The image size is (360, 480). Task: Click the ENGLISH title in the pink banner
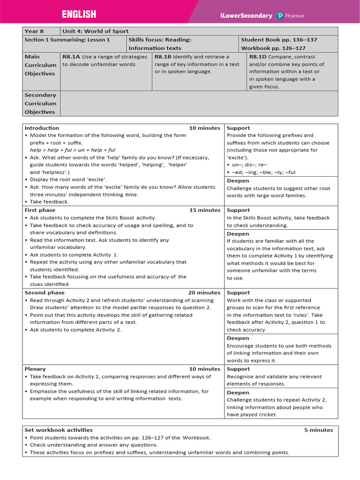[x=79, y=15]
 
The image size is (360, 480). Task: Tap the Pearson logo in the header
[x=291, y=15]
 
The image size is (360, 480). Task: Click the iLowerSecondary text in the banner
[x=246, y=15]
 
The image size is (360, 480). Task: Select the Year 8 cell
[x=34, y=31]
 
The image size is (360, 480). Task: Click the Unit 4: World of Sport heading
[x=95, y=31]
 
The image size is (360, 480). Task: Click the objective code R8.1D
[x=258, y=57]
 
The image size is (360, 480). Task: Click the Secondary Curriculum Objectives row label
[x=40, y=103]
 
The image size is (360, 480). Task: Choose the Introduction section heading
[x=42, y=128]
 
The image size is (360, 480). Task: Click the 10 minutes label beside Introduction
[x=204, y=128]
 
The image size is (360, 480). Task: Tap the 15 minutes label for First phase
[x=204, y=210]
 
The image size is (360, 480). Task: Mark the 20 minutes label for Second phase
[x=204, y=292]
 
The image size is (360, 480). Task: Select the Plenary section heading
[x=35, y=369]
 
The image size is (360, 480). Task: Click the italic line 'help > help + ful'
[x=73, y=150]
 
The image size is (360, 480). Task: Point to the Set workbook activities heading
[x=59, y=430]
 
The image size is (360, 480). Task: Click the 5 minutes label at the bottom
[x=318, y=430]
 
